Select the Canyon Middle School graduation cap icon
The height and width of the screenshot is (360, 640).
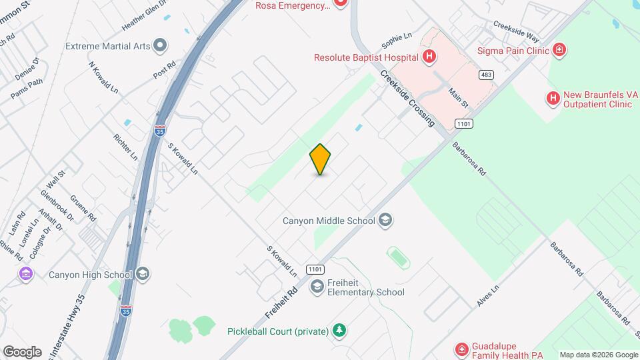(x=385, y=219)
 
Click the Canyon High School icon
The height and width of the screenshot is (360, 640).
(x=143, y=274)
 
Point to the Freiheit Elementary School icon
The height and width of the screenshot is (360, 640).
(x=317, y=287)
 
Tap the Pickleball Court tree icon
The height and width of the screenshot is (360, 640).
(x=339, y=331)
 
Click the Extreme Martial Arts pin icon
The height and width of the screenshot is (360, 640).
(x=159, y=46)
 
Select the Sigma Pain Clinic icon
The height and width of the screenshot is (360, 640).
(x=559, y=50)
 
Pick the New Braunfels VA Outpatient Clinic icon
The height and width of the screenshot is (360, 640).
(x=553, y=99)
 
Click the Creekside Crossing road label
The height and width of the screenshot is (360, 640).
(x=408, y=98)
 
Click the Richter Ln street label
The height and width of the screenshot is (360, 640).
(x=125, y=147)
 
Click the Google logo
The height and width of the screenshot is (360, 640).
(x=22, y=351)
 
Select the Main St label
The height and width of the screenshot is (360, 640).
(x=459, y=97)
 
